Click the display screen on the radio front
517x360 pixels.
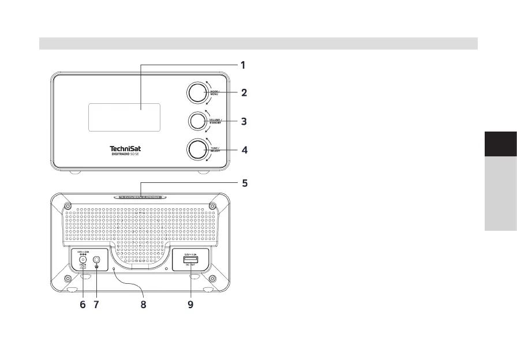(x=124, y=117)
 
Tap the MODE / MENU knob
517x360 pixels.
(x=197, y=93)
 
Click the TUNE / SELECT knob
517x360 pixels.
(x=197, y=149)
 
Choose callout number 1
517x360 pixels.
(x=243, y=65)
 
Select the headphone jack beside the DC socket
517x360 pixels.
(x=96, y=261)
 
